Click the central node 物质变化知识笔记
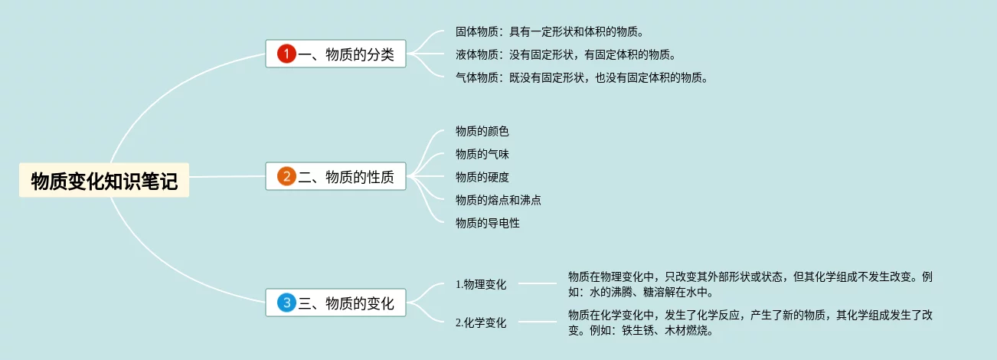[104, 181]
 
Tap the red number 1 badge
[286, 54]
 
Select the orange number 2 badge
[286, 177]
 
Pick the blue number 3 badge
[286, 303]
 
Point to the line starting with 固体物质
[549, 32]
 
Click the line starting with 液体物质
[565, 54]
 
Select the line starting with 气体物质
[581, 77]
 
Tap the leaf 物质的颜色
[482, 132]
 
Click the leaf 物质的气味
[482, 155]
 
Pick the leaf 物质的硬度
[482, 178]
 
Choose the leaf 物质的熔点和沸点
[498, 201]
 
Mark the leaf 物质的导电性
[488, 224]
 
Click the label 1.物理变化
[481, 284]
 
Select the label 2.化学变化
[481, 322]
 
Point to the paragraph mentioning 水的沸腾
[750, 284]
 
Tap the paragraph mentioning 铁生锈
[750, 322]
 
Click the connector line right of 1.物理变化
[538, 283]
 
